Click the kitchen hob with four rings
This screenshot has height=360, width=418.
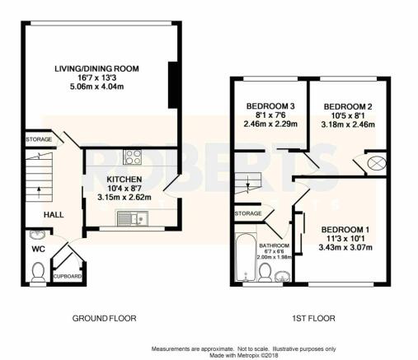[x=133, y=157]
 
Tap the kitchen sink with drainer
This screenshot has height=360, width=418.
[x=133, y=218]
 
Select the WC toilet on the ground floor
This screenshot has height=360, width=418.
[x=38, y=272]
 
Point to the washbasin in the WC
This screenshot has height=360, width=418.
[x=38, y=235]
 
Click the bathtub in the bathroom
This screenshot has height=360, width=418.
[x=246, y=257]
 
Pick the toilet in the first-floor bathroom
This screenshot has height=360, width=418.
[x=265, y=272]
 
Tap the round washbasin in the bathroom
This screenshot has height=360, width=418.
[x=282, y=276]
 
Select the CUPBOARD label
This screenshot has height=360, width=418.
[x=68, y=276]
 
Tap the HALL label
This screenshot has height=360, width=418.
[x=54, y=215]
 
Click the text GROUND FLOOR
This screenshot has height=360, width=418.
[x=104, y=318]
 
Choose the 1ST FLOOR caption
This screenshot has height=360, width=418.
[x=313, y=318]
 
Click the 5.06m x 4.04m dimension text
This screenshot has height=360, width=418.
[x=97, y=86]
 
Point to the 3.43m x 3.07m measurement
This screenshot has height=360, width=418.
[x=345, y=247]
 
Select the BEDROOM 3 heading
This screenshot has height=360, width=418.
[x=270, y=106]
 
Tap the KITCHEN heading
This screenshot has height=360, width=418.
[x=124, y=180]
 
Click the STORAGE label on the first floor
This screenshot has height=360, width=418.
[x=248, y=213]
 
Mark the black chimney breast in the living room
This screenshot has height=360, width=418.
[x=173, y=85]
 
